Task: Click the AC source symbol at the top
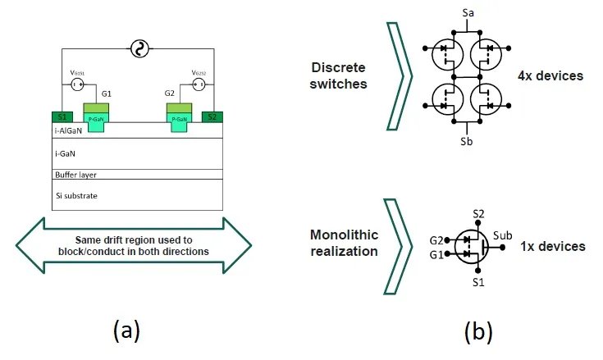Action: coord(139,50)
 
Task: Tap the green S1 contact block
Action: coord(62,117)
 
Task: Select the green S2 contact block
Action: coord(212,117)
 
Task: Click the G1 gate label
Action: coord(106,93)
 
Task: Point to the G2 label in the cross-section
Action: coord(170,93)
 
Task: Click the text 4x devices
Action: coord(550,76)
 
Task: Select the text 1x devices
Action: coord(553,246)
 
